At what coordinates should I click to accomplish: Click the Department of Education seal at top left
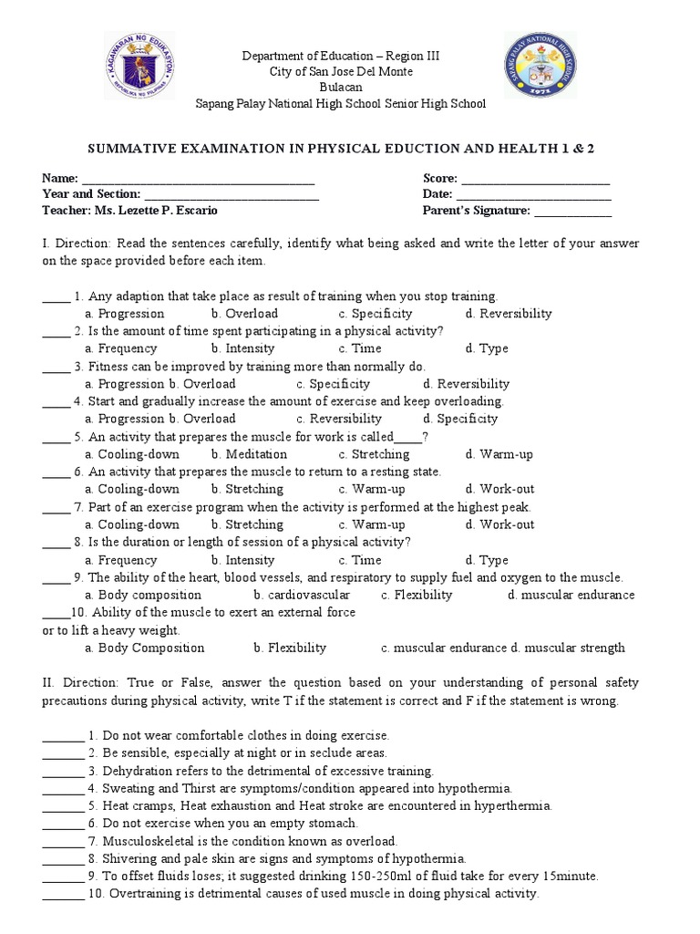(x=140, y=69)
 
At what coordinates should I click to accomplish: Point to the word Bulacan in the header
(x=341, y=88)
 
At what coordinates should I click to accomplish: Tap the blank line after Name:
(x=199, y=179)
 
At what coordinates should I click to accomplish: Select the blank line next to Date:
(x=533, y=194)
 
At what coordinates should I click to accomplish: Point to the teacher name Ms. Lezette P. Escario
(x=166, y=211)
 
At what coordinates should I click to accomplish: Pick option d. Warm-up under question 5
(x=499, y=454)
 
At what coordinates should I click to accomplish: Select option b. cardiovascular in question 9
(x=302, y=595)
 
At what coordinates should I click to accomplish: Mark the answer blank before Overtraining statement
(x=62, y=894)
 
